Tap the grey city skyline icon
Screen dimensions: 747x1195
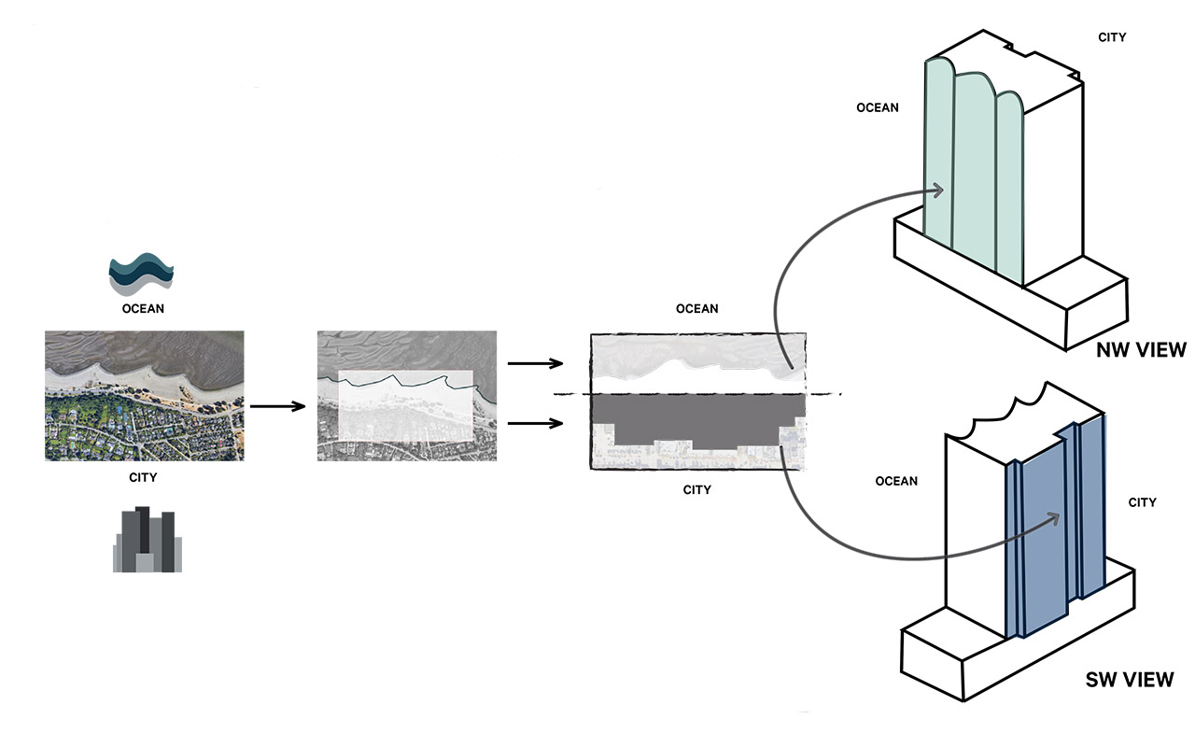point(147,540)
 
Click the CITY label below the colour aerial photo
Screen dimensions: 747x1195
point(143,478)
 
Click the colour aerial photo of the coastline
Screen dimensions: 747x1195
point(144,395)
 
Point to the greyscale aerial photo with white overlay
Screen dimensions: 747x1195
point(407,395)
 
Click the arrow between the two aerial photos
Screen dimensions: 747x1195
point(278,406)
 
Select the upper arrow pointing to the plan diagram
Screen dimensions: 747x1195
point(535,363)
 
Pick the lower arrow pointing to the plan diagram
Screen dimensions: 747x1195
point(535,425)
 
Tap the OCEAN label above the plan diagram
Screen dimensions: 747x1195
point(697,309)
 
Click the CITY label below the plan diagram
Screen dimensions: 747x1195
point(696,490)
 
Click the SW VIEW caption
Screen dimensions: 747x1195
point(1130,679)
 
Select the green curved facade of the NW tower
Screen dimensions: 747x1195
point(971,177)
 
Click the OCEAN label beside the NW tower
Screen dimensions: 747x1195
point(878,107)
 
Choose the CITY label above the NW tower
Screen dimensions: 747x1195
point(1112,37)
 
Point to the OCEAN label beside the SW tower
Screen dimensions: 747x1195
point(896,481)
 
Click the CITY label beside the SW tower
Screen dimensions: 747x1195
point(1142,502)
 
